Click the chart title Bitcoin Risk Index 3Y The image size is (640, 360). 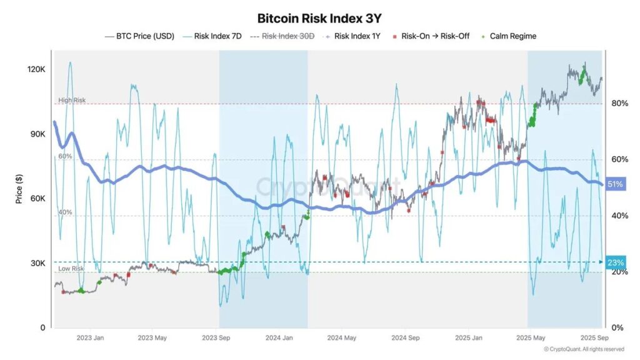click(x=319, y=19)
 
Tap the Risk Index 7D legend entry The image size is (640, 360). click(x=216, y=36)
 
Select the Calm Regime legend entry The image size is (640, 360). click(x=511, y=36)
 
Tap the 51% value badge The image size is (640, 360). click(x=616, y=185)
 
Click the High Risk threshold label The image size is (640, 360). click(x=72, y=100)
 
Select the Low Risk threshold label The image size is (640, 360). click(x=71, y=268)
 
